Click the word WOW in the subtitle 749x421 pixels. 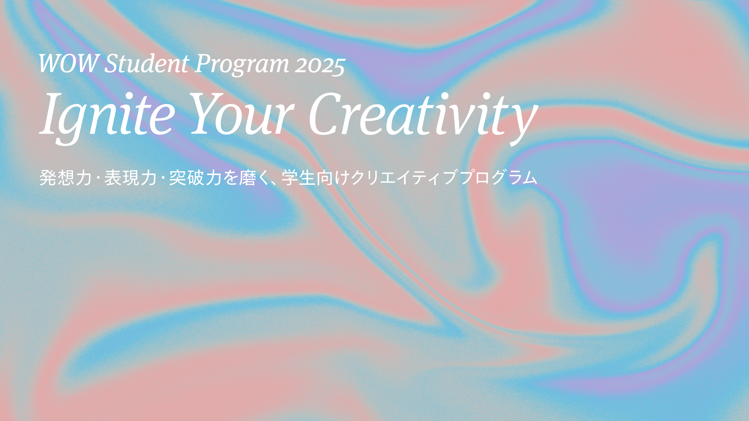point(68,64)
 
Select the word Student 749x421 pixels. point(147,64)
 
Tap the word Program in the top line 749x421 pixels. point(242,64)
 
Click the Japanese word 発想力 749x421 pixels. point(66,178)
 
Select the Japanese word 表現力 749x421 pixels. point(130,178)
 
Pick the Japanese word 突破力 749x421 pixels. point(195,178)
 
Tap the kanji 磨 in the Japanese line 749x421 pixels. point(247,178)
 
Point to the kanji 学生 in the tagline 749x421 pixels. point(298,178)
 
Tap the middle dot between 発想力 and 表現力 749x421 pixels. point(98,179)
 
